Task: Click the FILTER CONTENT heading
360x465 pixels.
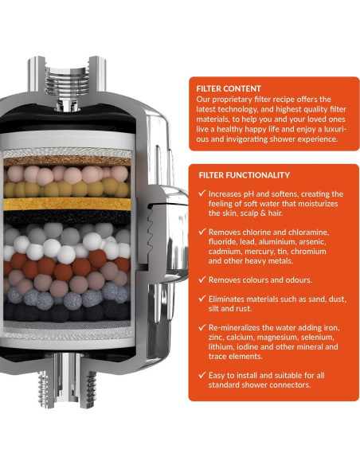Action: [x=229, y=88]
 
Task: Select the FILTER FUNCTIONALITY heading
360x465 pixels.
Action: [x=244, y=175]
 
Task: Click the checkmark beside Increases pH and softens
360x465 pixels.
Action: [x=202, y=193]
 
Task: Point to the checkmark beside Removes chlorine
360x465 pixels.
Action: [x=202, y=232]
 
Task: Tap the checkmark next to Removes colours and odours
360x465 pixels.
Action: [x=202, y=279]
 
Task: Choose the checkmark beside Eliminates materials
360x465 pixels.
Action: [x=202, y=299]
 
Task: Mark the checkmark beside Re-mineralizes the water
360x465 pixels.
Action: [x=202, y=327]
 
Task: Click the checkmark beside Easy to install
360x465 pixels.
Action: [x=202, y=375]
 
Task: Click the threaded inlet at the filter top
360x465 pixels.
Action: [x=67, y=80]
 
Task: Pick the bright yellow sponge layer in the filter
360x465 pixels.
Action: [x=67, y=204]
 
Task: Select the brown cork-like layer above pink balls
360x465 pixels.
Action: [x=67, y=162]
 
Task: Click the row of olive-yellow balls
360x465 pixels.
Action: [x=67, y=188]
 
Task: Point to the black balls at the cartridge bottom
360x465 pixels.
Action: [x=67, y=311]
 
